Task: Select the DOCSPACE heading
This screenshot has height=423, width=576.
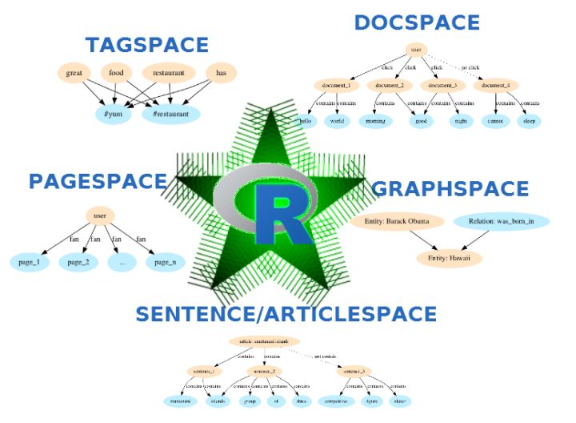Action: pyautogui.click(x=417, y=22)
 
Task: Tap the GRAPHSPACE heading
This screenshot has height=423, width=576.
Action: pyautogui.click(x=451, y=189)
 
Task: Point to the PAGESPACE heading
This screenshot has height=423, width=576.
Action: pyautogui.click(x=98, y=181)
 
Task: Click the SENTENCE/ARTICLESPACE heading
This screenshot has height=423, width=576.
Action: pyautogui.click(x=286, y=314)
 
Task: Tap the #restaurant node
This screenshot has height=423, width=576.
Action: pyautogui.click(x=171, y=115)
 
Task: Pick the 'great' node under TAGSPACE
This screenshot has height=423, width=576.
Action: pyautogui.click(x=75, y=74)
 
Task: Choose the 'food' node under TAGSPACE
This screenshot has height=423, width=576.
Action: pyautogui.click(x=122, y=74)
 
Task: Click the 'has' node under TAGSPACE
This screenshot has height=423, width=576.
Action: pyautogui.click(x=221, y=74)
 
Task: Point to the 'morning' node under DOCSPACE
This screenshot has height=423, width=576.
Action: pyautogui.click(x=375, y=122)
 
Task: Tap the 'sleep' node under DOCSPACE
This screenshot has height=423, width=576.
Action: pyautogui.click(x=528, y=122)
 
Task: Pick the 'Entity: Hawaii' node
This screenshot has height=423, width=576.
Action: pyautogui.click(x=449, y=258)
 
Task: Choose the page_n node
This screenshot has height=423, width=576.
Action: pyautogui.click(x=165, y=262)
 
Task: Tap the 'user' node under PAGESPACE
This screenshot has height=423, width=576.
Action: pyautogui.click(x=100, y=216)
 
